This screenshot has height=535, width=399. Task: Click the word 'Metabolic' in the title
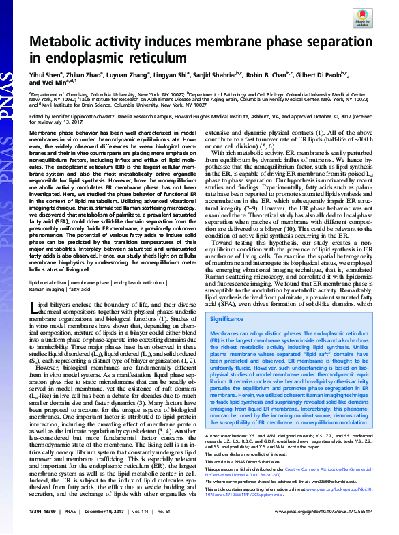click(65, 40)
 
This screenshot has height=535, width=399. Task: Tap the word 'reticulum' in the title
click(160, 58)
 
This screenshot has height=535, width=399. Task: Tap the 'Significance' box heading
click(228, 318)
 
